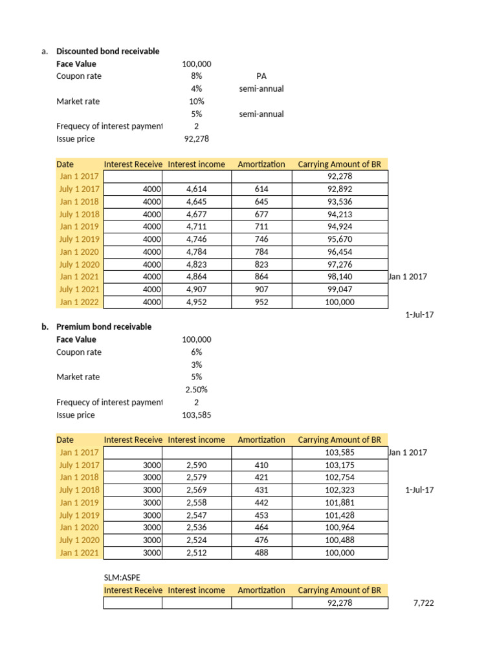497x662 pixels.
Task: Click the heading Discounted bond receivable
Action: (x=107, y=51)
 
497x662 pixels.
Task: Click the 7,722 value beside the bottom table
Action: (x=423, y=603)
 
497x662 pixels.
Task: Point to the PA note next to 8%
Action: (x=261, y=76)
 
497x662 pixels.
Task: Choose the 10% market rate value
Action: (x=197, y=101)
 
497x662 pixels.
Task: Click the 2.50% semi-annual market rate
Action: (x=197, y=389)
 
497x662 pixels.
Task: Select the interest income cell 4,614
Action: (x=197, y=189)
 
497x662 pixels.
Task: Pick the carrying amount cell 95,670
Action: (x=339, y=239)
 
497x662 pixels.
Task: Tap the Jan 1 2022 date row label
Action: (x=75, y=302)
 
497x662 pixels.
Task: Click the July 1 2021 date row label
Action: (x=75, y=289)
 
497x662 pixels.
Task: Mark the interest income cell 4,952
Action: (x=197, y=302)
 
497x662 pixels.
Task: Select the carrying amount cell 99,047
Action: (x=339, y=289)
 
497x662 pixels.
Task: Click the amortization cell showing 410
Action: (x=261, y=465)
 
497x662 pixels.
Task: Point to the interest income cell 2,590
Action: (x=197, y=465)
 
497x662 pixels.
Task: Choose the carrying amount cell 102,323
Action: (x=339, y=490)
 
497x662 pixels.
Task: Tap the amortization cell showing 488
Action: (x=261, y=553)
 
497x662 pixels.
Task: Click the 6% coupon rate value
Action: (x=197, y=352)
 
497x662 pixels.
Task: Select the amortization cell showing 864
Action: (x=261, y=277)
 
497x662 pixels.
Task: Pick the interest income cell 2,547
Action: (x=197, y=515)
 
